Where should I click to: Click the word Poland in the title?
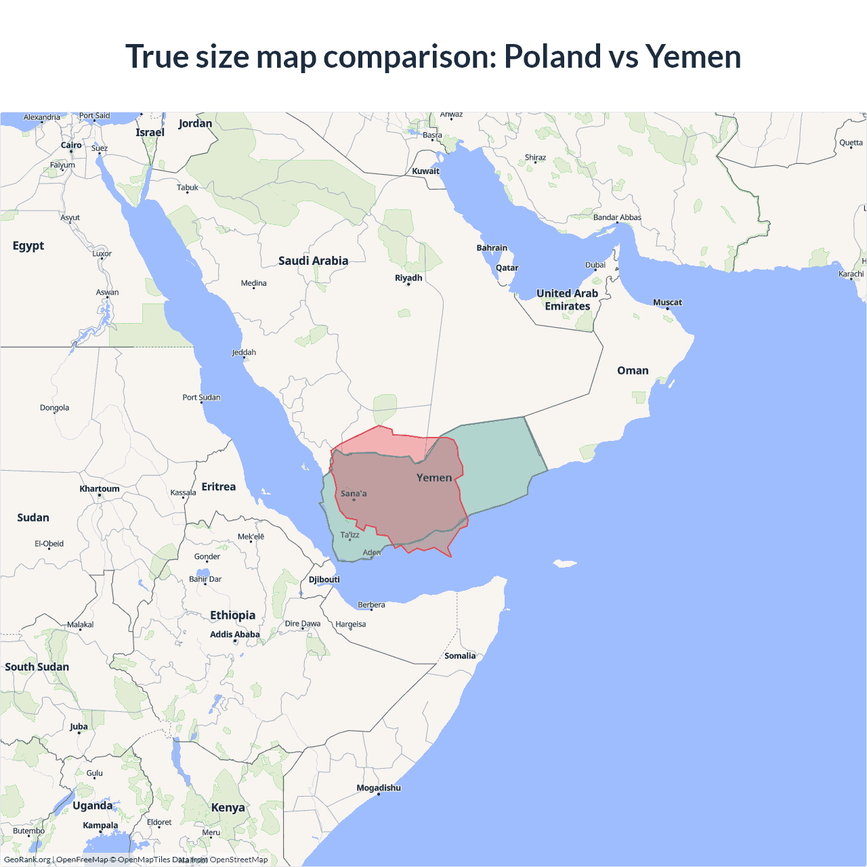point(552,56)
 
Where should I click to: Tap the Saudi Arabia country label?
point(313,261)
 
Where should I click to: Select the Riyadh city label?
point(408,278)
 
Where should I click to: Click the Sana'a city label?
point(354,494)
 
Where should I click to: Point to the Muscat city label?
point(667,302)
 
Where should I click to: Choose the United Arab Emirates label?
point(568,299)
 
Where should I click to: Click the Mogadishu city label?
point(379,788)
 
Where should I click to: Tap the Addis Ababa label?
point(234,635)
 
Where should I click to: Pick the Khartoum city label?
point(100,488)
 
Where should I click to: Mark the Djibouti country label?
point(324,579)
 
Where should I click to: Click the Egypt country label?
point(28,245)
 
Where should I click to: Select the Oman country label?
point(633,371)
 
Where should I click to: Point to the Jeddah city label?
point(244,352)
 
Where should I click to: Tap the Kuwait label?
point(425,171)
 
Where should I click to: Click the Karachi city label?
point(851,274)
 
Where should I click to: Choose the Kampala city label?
point(100,825)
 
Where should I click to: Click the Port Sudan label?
point(201,398)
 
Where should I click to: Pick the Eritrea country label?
point(219,486)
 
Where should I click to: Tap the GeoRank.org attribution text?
point(27,860)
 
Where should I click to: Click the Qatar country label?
point(507,268)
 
